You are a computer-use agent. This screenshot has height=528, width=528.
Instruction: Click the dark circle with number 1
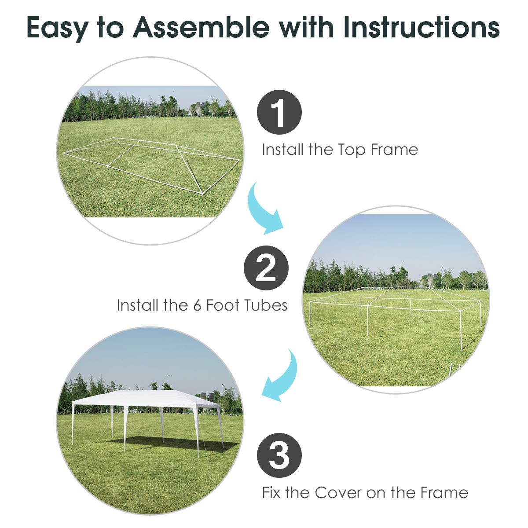279,112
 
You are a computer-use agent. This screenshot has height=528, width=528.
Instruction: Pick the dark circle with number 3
279,456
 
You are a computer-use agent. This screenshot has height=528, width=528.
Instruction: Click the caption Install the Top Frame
340,150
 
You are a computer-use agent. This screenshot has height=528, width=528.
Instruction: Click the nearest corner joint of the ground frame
202,193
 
